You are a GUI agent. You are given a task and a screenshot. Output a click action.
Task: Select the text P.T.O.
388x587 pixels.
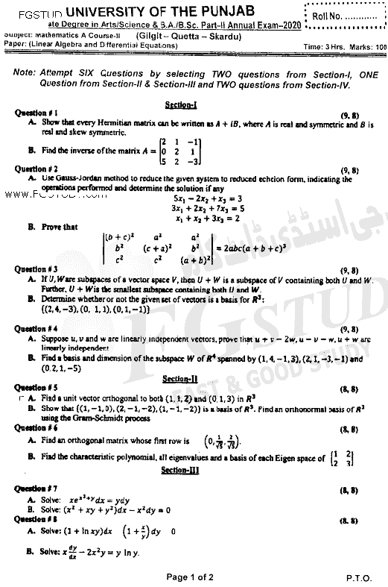pyautogui.click(x=360, y=577)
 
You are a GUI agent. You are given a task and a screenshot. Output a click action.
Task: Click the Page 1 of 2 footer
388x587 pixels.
pyautogui.click(x=194, y=577)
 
